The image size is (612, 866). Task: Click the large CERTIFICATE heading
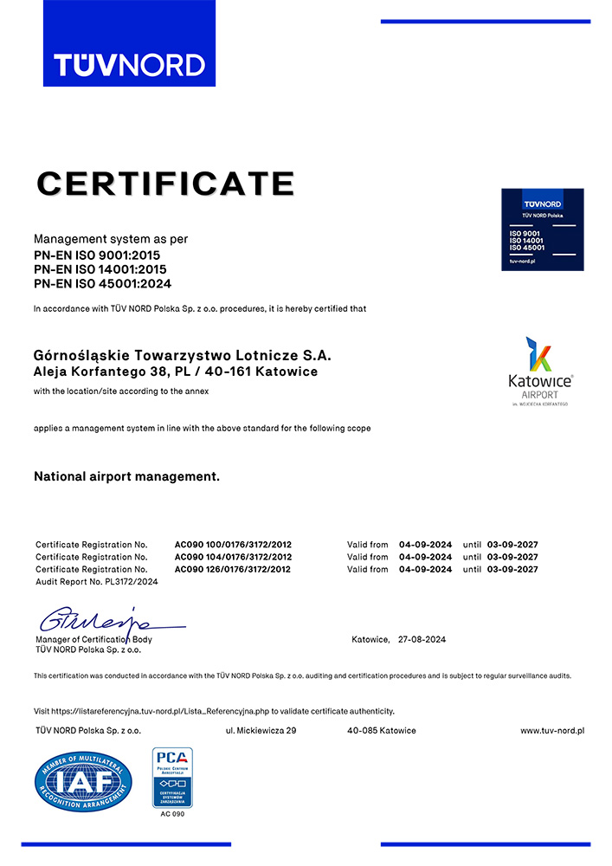coord(165,184)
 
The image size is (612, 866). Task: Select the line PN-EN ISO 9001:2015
coord(97,255)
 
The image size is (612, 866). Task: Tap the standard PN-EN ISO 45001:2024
coord(102,282)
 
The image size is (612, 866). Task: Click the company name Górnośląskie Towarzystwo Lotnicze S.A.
coord(182,355)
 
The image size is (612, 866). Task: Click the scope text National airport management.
coord(126,476)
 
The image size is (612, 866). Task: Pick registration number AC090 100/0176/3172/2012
coord(233,544)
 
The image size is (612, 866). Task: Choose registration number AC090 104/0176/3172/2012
coord(233,557)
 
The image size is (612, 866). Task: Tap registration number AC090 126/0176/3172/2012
coord(233,569)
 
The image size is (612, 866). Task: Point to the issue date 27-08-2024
coord(422,639)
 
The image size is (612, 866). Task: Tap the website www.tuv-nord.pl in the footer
coord(551,731)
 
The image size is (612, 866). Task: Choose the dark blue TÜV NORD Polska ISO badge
coord(542,229)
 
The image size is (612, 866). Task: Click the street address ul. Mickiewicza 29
coord(261,731)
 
